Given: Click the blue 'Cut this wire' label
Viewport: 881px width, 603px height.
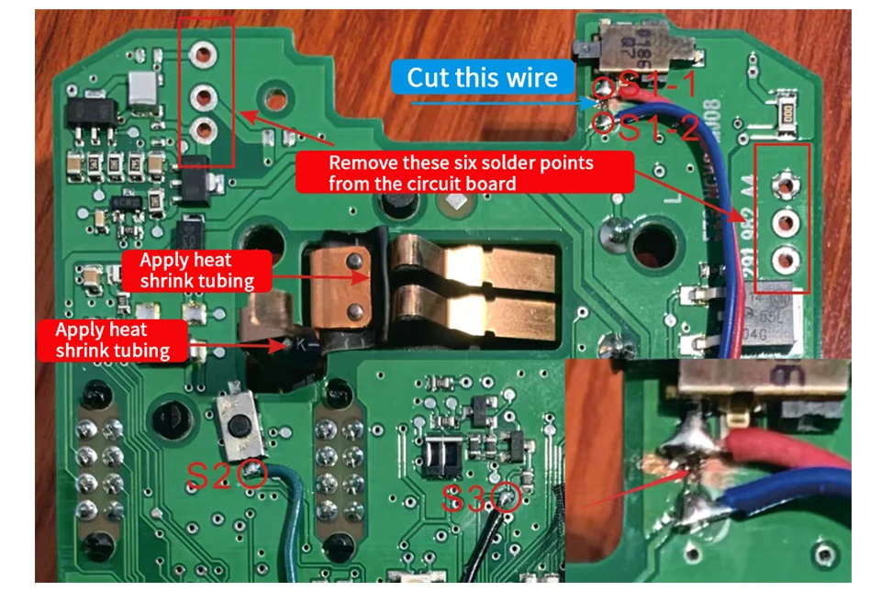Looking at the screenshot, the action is (x=483, y=77).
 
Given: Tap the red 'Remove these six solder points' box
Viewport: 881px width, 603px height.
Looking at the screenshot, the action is (x=464, y=173).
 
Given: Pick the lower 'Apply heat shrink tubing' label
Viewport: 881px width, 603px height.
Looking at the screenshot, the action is (x=113, y=339).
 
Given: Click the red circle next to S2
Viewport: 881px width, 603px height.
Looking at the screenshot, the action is (x=254, y=475).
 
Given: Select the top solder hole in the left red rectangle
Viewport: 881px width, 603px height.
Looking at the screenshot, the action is (x=203, y=56).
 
